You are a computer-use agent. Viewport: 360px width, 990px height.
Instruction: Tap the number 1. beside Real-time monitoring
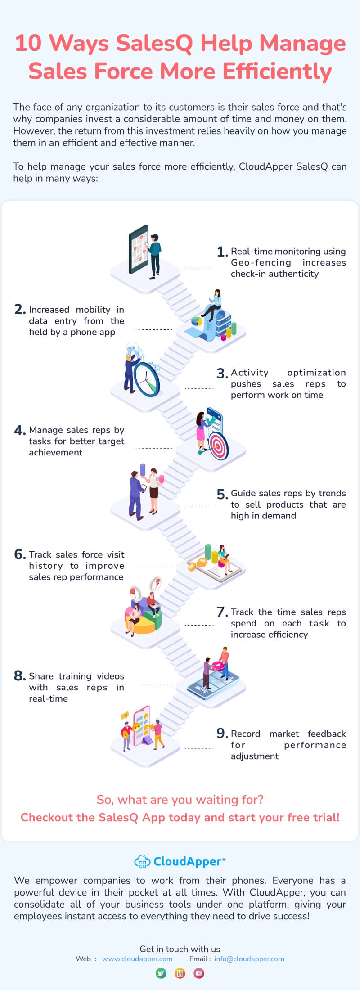click(222, 252)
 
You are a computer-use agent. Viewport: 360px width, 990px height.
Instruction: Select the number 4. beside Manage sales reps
click(20, 430)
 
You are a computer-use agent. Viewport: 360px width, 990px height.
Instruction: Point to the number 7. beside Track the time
click(222, 612)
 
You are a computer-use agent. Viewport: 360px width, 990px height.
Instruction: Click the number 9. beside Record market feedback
click(222, 733)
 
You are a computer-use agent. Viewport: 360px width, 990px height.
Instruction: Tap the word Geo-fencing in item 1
click(261, 263)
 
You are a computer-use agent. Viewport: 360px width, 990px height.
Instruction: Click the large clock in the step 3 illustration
click(147, 379)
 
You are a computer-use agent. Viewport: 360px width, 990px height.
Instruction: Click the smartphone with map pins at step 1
click(139, 249)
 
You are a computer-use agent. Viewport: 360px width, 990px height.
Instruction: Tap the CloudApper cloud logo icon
click(142, 861)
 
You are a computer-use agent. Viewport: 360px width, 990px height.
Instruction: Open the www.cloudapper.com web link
click(137, 958)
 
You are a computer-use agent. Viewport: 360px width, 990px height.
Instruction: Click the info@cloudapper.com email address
click(249, 958)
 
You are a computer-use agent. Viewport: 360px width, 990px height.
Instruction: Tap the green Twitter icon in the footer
click(161, 973)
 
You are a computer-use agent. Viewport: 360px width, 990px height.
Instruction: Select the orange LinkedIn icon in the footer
click(180, 973)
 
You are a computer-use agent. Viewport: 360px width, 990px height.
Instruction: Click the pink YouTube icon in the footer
click(199, 973)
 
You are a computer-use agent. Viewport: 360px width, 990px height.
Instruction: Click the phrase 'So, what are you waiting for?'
click(180, 800)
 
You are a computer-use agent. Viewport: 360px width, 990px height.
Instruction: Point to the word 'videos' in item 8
click(111, 676)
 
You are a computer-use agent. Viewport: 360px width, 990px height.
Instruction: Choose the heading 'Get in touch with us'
click(180, 949)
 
